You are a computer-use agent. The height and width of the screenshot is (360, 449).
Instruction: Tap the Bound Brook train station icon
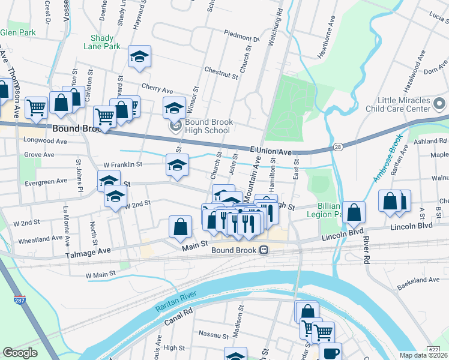click(264, 251)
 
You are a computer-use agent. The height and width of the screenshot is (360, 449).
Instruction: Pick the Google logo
click(20, 353)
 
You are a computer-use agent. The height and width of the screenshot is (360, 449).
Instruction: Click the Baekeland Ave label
click(418, 280)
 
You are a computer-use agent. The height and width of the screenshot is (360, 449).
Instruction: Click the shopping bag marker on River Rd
click(354, 212)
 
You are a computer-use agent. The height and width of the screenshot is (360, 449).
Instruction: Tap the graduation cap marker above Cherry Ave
click(139, 57)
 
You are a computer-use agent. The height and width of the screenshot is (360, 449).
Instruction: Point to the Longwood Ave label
click(46, 140)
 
